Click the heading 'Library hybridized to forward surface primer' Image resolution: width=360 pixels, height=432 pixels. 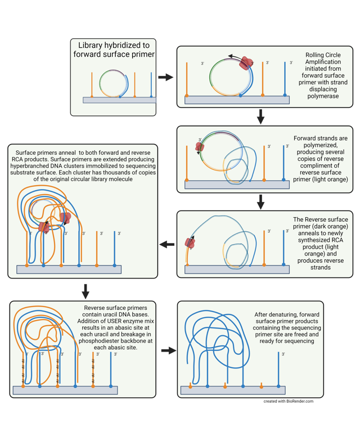[x=113, y=49]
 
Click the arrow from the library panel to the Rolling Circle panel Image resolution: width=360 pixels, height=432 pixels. [x=166, y=77]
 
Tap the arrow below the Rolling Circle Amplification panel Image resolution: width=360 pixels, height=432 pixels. [x=260, y=116]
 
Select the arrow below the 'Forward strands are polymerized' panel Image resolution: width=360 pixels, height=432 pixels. [x=260, y=201]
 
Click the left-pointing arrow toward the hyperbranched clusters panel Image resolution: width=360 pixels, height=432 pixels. [x=166, y=244]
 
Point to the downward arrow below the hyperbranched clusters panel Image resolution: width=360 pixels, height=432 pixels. [x=85, y=291]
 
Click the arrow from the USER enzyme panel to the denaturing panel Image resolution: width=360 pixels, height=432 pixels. [x=168, y=350]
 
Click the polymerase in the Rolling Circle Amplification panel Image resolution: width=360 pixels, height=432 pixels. [x=245, y=64]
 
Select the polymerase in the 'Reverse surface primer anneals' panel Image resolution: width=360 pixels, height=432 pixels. [x=191, y=243]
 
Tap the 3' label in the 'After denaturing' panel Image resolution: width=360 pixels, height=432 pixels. [x=283, y=354]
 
